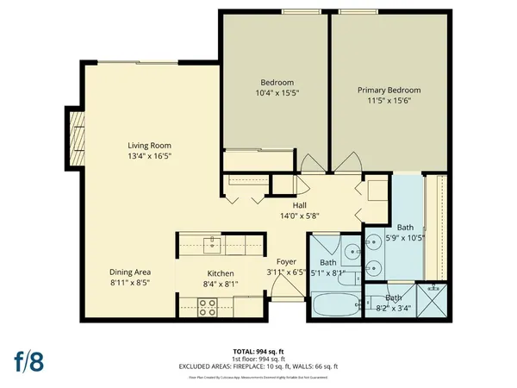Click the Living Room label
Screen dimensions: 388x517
pos(145,146)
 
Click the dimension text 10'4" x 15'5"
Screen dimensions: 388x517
pos(277,92)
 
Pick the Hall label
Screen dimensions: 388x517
pos(299,205)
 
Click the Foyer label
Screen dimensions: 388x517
pos(286,261)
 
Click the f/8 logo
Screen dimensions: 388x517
pos(28,360)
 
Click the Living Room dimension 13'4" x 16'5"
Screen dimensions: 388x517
pos(145,157)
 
